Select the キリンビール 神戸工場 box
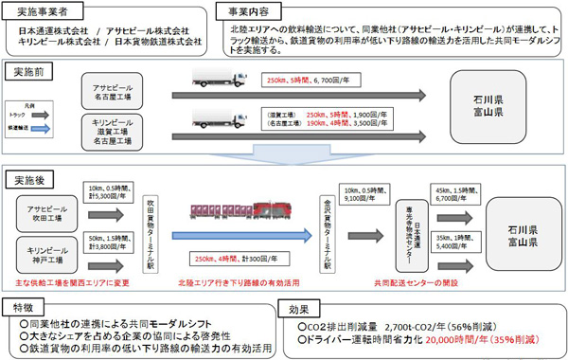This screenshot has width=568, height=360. coord(46,251)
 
